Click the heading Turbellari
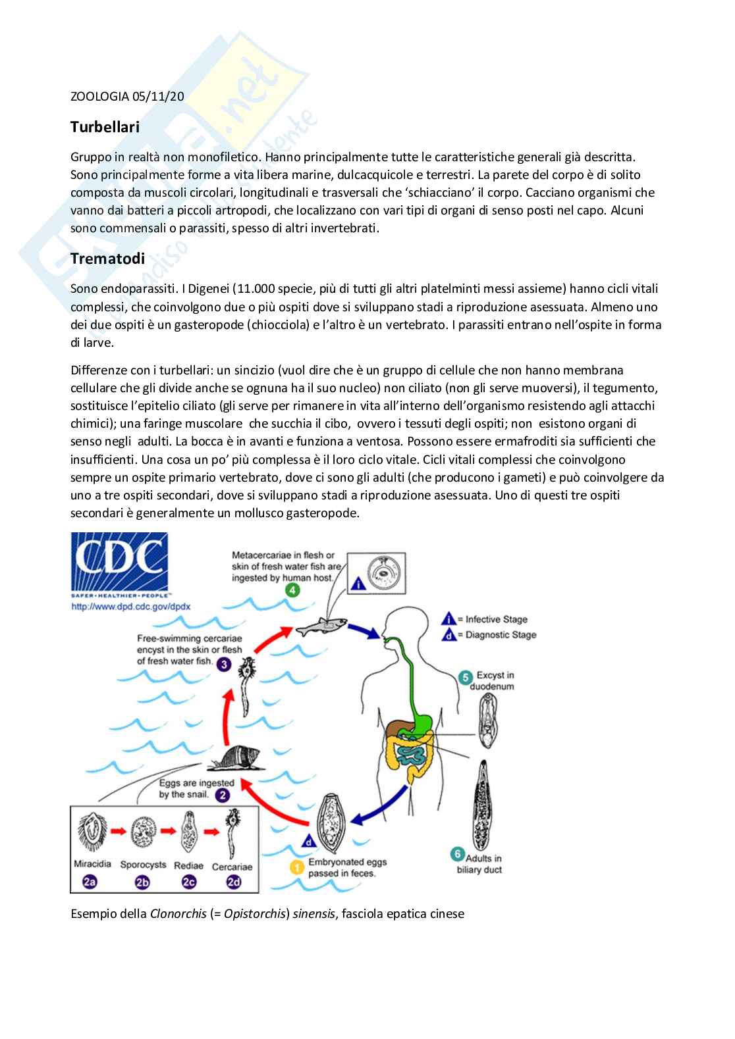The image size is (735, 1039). [105, 127]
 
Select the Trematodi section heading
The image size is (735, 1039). [107, 259]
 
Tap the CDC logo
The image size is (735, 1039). [119, 561]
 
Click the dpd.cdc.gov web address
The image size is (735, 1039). [130, 607]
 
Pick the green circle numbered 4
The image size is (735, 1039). [292, 590]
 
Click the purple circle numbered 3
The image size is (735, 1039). [224, 664]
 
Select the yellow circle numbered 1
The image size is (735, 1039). [297, 868]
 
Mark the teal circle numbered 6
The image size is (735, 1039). [458, 855]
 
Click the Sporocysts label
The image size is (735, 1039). [143, 865]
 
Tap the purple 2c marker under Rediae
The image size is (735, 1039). [189, 882]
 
